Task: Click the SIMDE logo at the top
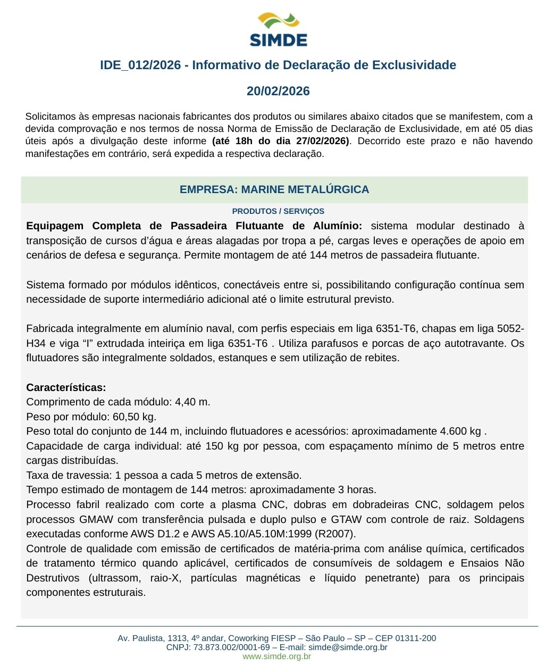pyautogui.click(x=278, y=30)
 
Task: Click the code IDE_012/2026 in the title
pyautogui.click(x=140, y=65)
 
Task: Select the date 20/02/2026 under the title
pyautogui.click(x=278, y=91)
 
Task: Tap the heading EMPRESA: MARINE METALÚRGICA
pyautogui.click(x=274, y=189)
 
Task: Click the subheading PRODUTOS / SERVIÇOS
pyautogui.click(x=278, y=211)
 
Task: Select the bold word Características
pyautogui.click(x=66, y=387)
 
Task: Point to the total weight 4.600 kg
pyautogui.click(x=460, y=431)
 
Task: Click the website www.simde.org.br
pyautogui.click(x=276, y=656)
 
